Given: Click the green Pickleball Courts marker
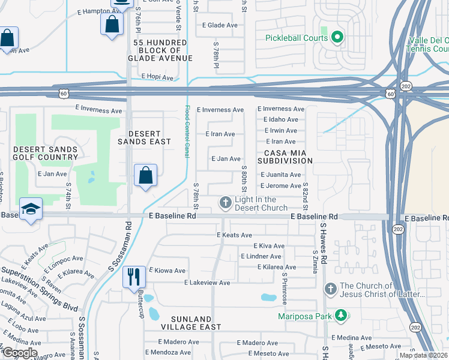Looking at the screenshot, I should (337, 38).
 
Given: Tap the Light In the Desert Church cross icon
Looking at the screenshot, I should (225, 203).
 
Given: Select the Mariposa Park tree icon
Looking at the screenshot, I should (341, 315).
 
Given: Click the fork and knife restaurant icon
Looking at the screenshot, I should (133, 277).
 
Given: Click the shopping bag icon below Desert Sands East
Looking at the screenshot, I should (145, 175).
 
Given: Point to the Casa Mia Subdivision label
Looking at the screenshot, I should (286, 157).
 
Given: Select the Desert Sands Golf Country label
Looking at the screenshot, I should (46, 153).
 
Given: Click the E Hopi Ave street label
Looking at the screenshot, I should (157, 77).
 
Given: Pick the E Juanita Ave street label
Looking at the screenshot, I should (280, 175).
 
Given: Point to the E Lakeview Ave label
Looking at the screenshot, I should (207, 283).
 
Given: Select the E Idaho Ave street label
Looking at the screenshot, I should (280, 120).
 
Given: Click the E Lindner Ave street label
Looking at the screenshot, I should (261, 257).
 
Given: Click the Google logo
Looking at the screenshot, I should (19, 353).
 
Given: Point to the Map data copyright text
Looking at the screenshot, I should (424, 356).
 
